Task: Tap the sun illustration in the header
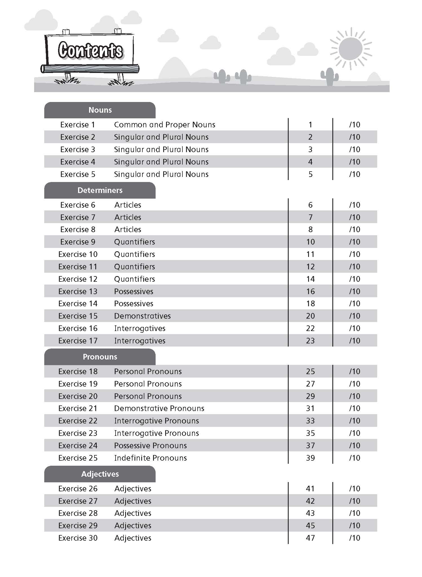coord(350,48)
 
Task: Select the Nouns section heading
coord(100,110)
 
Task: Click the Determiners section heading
coord(100,190)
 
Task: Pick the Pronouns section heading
coord(100,357)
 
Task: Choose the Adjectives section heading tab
coord(100,474)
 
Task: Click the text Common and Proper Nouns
coord(165,125)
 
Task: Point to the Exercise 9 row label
coord(78,242)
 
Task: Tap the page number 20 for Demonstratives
coord(310,316)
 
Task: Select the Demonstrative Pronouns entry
coord(159,408)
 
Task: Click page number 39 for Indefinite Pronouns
coord(310,458)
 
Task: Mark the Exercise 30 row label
coord(78,538)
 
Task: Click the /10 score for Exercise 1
coord(355,125)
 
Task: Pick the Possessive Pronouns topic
coord(151,445)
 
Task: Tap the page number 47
coord(310,538)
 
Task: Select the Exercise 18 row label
coord(78,371)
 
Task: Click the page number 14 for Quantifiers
coord(310,279)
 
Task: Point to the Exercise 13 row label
coord(78,291)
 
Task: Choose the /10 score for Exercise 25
coord(355,458)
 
